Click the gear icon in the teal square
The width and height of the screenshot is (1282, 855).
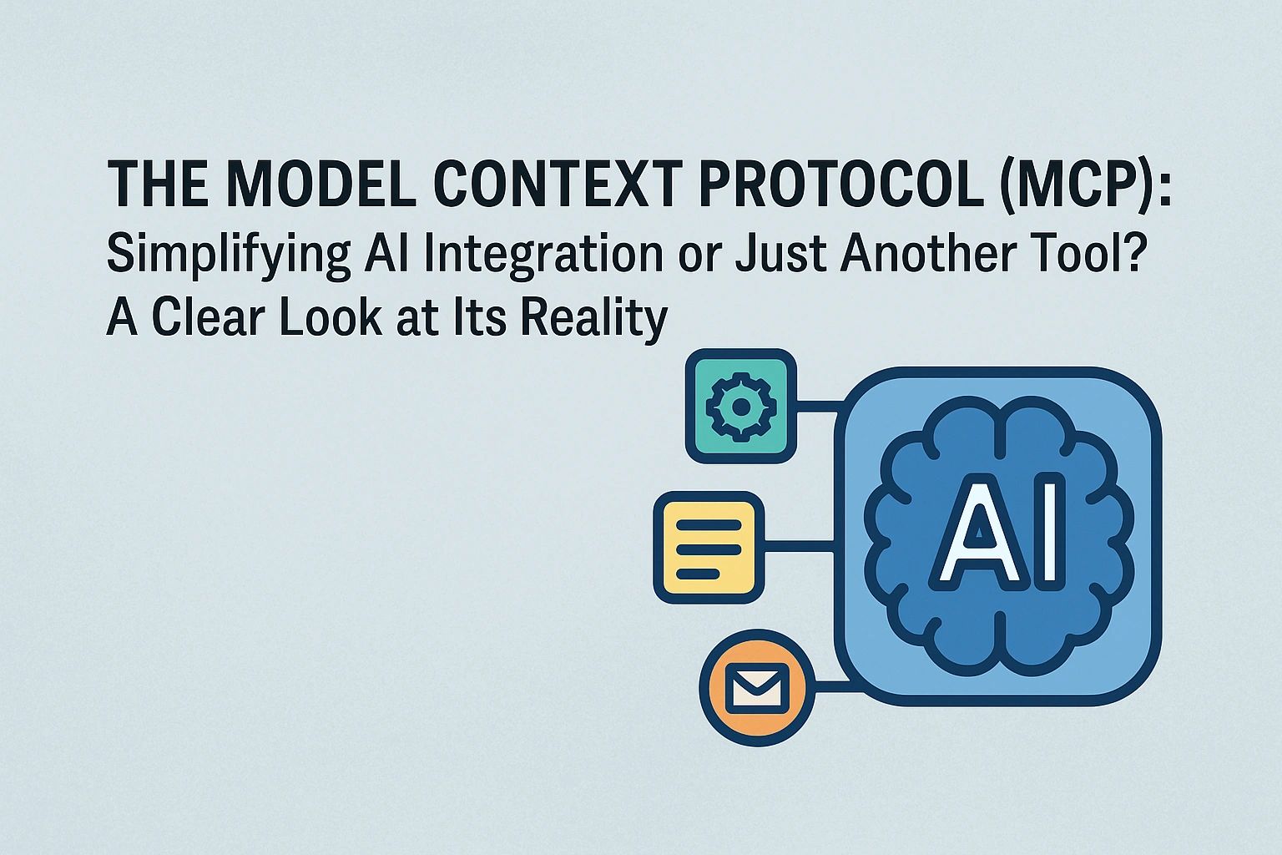click(740, 406)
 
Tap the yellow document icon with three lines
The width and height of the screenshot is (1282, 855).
click(709, 548)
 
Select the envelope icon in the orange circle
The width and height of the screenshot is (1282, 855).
click(756, 687)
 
